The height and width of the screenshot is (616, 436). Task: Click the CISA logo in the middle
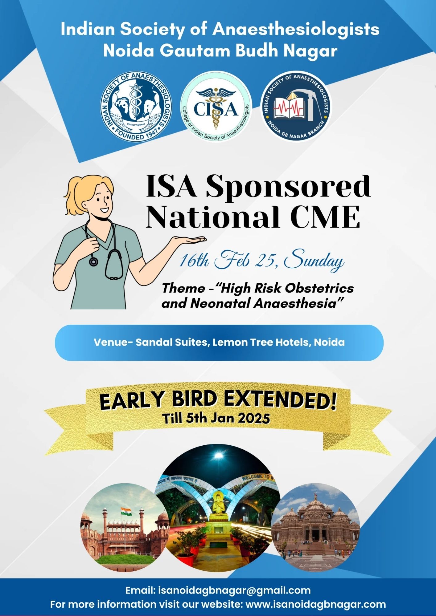point(216,107)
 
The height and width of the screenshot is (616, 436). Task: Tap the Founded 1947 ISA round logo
point(136,107)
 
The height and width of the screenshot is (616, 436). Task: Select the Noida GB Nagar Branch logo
point(296,107)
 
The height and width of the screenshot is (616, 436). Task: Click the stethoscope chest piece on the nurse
point(93,262)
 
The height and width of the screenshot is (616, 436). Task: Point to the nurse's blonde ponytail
point(74,197)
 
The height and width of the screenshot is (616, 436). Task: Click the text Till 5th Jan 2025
point(216,418)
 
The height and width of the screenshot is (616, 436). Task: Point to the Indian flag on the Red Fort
point(126,511)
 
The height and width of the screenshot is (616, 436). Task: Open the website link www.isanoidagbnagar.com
point(315,604)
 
